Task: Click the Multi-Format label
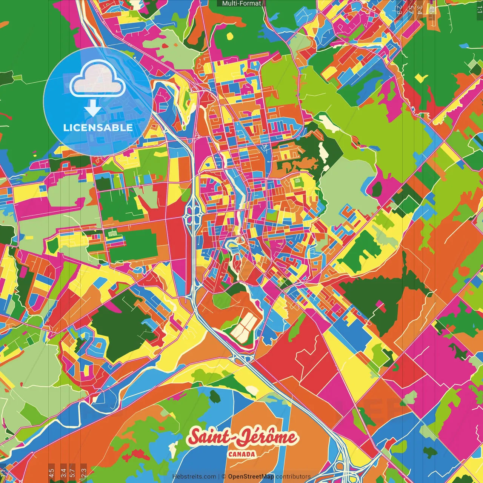[241, 3]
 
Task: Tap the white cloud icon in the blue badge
[98, 78]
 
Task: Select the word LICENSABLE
[98, 128]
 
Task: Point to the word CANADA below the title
[241, 454]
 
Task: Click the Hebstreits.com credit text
[194, 477]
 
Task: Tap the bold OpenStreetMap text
[251, 477]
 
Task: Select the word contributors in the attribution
[293, 477]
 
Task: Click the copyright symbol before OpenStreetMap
[223, 477]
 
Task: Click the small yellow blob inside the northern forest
[230, 36]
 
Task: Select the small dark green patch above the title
[215, 396]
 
